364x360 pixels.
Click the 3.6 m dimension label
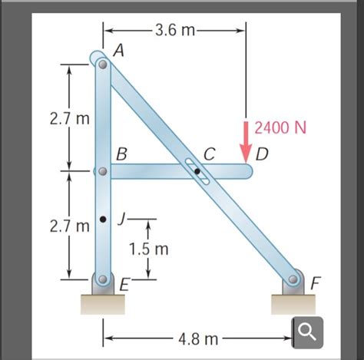[175, 31]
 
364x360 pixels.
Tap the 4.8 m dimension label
[198, 339]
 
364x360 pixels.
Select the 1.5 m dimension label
[149, 249]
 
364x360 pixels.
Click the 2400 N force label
[280, 127]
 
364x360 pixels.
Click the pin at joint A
[103, 64]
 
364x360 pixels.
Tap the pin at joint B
[103, 171]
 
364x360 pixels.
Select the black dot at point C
[197, 171]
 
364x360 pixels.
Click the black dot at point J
[103, 219]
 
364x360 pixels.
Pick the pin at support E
[103, 279]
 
